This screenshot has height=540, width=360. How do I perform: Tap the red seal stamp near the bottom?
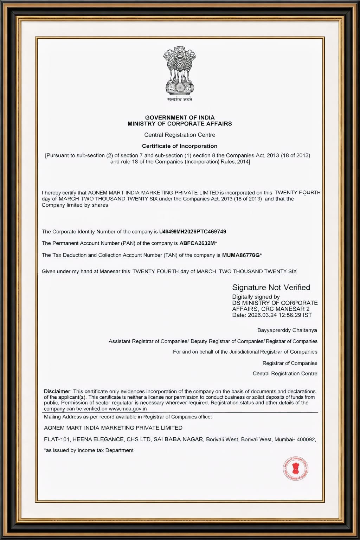click(x=296, y=469)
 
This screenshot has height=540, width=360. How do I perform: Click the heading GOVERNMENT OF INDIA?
click(x=180, y=117)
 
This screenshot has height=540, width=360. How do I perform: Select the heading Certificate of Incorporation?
click(x=180, y=146)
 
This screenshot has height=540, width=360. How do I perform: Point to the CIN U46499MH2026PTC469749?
click(x=193, y=232)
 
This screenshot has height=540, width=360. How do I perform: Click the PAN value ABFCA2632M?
click(x=197, y=243)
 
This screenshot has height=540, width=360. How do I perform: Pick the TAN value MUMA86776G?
click(x=241, y=255)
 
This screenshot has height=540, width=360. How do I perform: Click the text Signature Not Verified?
click(x=271, y=288)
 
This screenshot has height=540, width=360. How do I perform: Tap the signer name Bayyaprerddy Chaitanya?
click(x=287, y=330)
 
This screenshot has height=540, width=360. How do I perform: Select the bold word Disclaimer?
click(x=57, y=391)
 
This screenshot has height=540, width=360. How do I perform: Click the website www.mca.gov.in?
click(x=128, y=409)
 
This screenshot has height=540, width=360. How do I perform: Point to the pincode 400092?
click(x=306, y=439)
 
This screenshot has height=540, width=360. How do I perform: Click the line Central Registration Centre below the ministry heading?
click(x=180, y=135)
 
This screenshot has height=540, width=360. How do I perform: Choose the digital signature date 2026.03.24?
click(x=262, y=315)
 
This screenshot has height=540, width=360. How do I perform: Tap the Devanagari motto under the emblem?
click(x=180, y=99)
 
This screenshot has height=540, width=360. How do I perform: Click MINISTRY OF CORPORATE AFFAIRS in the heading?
click(x=180, y=124)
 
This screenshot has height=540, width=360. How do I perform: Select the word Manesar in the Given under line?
click(x=110, y=271)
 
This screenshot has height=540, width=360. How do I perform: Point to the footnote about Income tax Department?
click(x=89, y=450)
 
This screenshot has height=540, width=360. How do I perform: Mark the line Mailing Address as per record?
click(x=128, y=417)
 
